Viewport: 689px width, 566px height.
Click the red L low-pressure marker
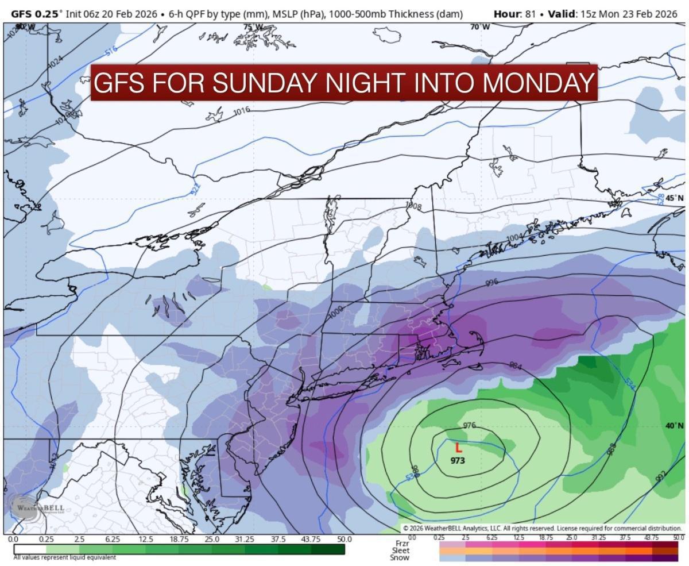point(458,448)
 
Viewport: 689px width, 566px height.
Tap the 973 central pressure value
point(458,461)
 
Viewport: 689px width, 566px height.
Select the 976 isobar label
point(469,425)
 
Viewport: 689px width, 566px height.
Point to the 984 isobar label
point(516,365)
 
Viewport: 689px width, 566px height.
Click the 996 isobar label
point(491,283)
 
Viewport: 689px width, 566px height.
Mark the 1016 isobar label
point(242,110)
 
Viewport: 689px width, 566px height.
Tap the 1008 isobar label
point(413,206)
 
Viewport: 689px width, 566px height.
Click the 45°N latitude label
point(675,198)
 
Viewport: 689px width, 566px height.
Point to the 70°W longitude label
point(480,27)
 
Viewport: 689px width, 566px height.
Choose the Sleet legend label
point(401,550)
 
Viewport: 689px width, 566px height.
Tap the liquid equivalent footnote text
point(64,557)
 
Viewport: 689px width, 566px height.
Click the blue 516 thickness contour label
point(111,51)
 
